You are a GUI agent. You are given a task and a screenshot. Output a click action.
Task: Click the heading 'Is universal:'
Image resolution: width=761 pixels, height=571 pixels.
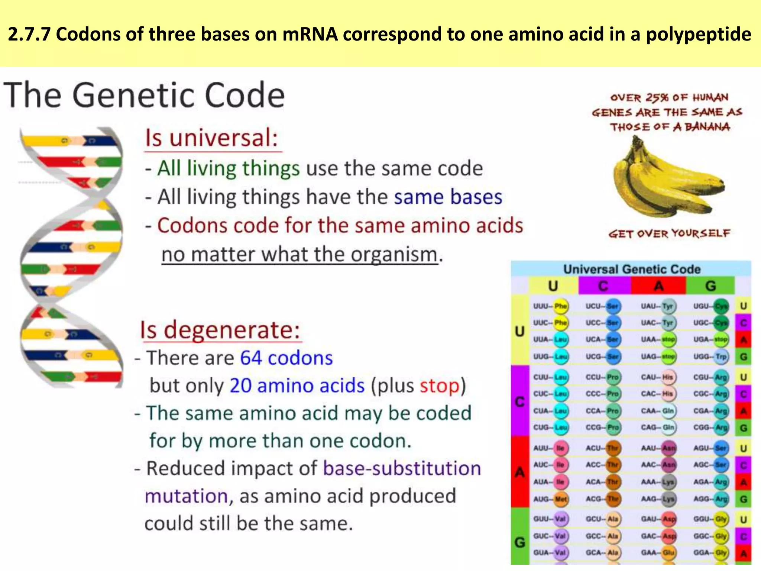pyautogui.click(x=212, y=138)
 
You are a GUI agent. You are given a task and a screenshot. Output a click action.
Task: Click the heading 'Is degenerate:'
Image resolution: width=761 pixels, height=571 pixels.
pyautogui.click(x=220, y=330)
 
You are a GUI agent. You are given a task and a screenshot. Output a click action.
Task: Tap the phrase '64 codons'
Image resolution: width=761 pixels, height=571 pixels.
pyautogui.click(x=286, y=358)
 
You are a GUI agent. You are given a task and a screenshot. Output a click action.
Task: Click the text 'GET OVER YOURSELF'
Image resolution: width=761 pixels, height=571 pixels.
pyautogui.click(x=669, y=234)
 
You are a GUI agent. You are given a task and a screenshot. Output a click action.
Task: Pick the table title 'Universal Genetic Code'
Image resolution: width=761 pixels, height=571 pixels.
pyautogui.click(x=632, y=269)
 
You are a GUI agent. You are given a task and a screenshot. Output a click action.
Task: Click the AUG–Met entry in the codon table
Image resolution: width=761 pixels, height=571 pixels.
pyautogui.click(x=550, y=499)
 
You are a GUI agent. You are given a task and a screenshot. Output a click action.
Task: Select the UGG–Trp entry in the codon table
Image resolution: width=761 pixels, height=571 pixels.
pyautogui.click(x=710, y=357)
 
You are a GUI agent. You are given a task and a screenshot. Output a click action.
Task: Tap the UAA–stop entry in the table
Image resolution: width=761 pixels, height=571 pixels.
pyautogui.click(x=658, y=339)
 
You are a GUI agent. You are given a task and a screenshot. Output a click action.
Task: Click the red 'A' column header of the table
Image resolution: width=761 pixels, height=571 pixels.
pyautogui.click(x=658, y=286)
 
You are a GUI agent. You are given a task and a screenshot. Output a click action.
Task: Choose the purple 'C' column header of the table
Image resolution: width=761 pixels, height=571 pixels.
pyautogui.click(x=603, y=286)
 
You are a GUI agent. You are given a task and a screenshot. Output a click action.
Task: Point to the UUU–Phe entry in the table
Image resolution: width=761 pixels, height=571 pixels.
pyautogui.click(x=550, y=306)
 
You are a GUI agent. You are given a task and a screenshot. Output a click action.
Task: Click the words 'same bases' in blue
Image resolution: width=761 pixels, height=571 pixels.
pyautogui.click(x=448, y=197)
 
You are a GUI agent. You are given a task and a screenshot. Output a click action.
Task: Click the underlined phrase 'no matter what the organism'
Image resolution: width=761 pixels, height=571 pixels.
pyautogui.click(x=299, y=255)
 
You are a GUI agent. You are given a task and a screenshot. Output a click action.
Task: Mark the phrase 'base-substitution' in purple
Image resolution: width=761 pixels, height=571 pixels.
pyautogui.click(x=402, y=468)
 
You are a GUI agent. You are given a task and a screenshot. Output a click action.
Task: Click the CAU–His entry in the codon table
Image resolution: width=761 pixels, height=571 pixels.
pyautogui.click(x=658, y=377)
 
